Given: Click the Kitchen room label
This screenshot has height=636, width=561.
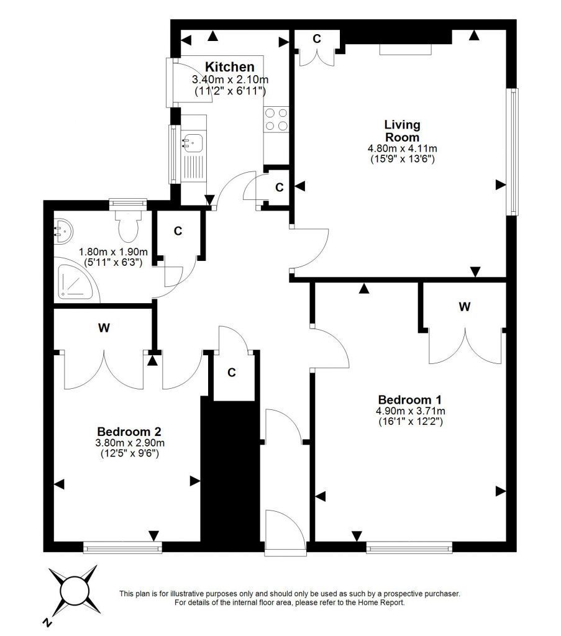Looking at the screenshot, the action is (x=230, y=67).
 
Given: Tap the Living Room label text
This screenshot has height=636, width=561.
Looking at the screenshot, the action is (x=402, y=130).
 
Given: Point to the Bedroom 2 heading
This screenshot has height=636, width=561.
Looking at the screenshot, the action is (x=129, y=432).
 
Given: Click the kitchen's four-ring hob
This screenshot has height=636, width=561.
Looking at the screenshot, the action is (x=276, y=119).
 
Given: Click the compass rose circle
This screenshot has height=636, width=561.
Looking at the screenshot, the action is (x=75, y=590).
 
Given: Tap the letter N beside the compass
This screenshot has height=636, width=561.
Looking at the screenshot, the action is (x=48, y=621).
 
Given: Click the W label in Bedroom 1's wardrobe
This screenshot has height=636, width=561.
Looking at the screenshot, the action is (x=465, y=307).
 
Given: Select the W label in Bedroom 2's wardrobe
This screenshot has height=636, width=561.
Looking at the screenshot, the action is (x=104, y=327).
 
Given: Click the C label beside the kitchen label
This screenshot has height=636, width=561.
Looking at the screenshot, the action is (x=317, y=39).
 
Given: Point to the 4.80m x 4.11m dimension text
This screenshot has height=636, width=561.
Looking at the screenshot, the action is (x=402, y=149).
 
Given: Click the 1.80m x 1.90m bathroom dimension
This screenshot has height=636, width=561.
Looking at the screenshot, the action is (x=113, y=252).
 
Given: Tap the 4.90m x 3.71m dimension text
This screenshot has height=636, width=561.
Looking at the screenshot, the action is (x=411, y=411).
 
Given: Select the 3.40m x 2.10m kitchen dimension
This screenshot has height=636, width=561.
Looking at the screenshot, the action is (x=230, y=80).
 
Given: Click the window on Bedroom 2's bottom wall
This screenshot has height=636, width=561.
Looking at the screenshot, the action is (x=122, y=548).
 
